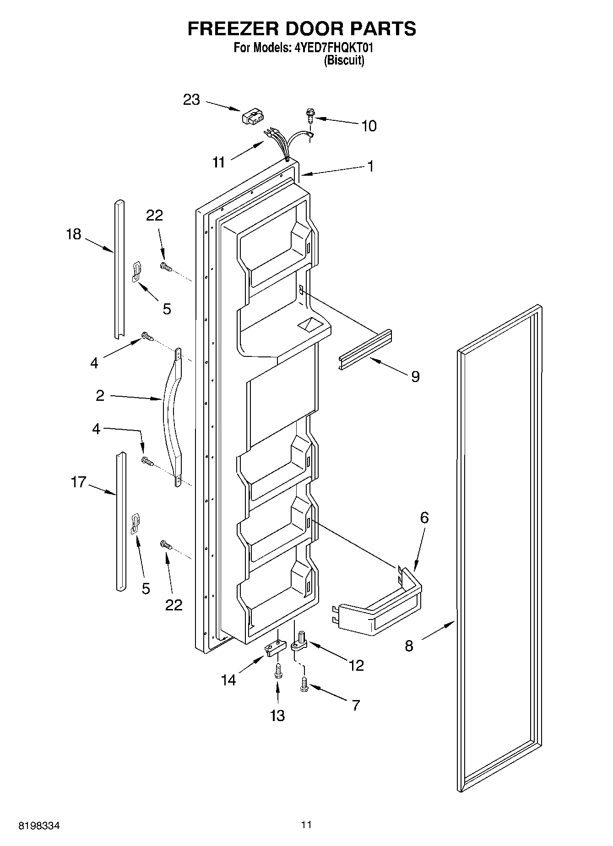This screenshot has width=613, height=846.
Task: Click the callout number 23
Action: pyautogui.click(x=191, y=99)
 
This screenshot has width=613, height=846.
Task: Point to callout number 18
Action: pyautogui.click(x=73, y=234)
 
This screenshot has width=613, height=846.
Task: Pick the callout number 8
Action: pyautogui.click(x=409, y=646)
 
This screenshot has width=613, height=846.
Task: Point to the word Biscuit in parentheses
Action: pyautogui.click(x=344, y=60)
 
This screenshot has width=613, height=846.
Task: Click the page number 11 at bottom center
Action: pyautogui.click(x=306, y=825)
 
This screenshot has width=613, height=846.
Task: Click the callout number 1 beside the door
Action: pyautogui.click(x=371, y=167)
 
